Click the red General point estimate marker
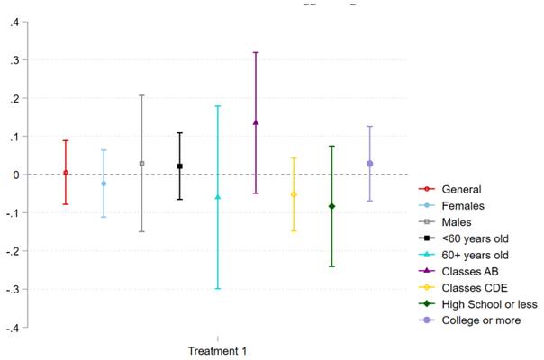coord(66,173)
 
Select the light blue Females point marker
coord(104,184)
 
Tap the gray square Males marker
coord(141,164)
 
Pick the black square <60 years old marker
coord(180,166)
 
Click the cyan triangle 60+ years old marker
coord(218,197)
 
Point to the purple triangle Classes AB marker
coord(256,122)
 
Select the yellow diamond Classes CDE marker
coord(294,194)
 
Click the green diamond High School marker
coord(331,206)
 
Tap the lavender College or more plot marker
coord(369,164)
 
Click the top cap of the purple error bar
coord(256,52)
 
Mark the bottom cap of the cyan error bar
coord(218,288)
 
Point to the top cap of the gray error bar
coord(141,95)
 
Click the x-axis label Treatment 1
coord(217,349)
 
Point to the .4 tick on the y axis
coord(13,22)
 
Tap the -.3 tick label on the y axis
coord(11,289)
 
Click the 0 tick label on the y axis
coord(15,175)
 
